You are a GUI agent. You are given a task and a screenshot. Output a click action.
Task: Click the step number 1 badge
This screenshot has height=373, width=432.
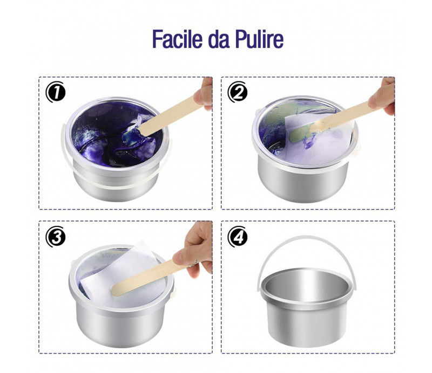pyautogui.click(x=56, y=92)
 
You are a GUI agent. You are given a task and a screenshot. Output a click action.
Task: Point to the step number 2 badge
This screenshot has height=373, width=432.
pyautogui.click(x=238, y=92)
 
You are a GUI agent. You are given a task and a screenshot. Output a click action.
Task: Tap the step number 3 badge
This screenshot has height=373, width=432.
pyautogui.click(x=56, y=237)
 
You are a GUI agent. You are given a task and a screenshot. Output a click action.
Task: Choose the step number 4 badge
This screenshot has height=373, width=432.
pyautogui.click(x=238, y=237)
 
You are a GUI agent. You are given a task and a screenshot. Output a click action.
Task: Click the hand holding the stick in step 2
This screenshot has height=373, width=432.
pyautogui.click(x=382, y=96)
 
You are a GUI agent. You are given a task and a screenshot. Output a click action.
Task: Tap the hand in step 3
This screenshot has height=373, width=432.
pyautogui.click(x=194, y=249)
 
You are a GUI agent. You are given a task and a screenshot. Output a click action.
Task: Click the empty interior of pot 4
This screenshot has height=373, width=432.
pyautogui.click(x=306, y=284)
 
